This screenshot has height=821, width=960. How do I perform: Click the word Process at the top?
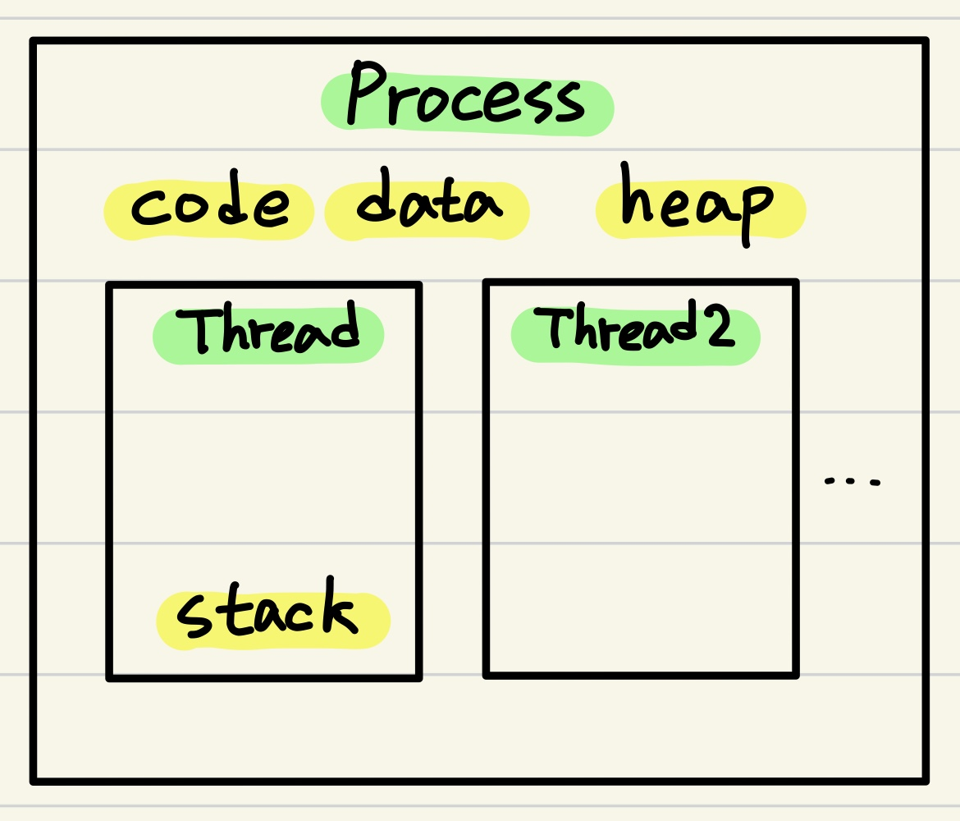[x=466, y=101]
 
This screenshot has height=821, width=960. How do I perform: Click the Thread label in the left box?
[x=267, y=333]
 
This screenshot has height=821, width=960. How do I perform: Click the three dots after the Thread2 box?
[x=853, y=480]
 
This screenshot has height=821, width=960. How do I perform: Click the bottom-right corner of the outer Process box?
[x=925, y=779]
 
